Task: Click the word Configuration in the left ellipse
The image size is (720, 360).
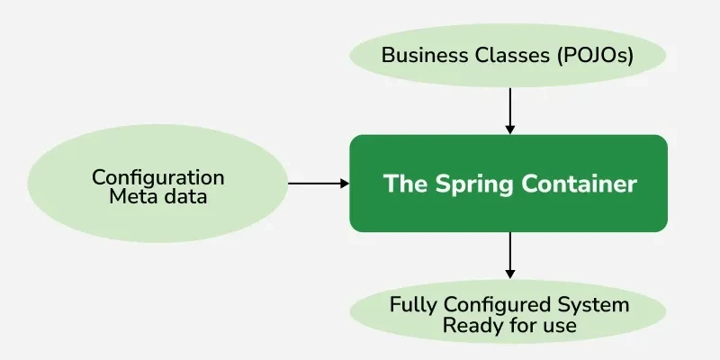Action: pyautogui.click(x=158, y=177)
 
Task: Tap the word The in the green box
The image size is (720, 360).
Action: pyautogui.click(x=404, y=184)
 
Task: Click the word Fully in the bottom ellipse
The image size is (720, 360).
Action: pyautogui.click(x=414, y=305)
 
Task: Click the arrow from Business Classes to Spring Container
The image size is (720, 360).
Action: pyautogui.click(x=509, y=108)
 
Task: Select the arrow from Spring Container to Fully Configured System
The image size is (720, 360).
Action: pyautogui.click(x=509, y=252)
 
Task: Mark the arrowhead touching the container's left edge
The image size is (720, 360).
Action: pyautogui.click(x=344, y=184)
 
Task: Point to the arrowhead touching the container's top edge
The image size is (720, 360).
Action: pyautogui.click(x=509, y=130)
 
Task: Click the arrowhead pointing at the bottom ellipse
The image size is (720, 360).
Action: pyautogui.click(x=509, y=273)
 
